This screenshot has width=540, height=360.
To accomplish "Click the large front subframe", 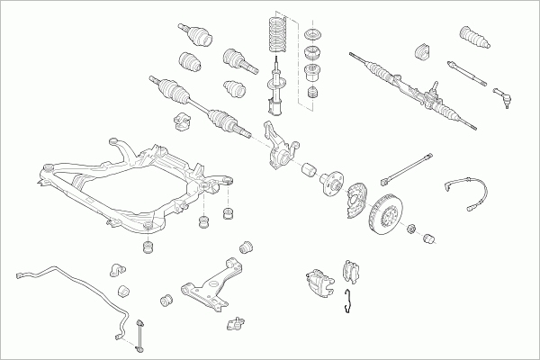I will click(x=135, y=184).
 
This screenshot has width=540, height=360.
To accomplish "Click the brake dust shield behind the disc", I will click(x=360, y=198).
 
